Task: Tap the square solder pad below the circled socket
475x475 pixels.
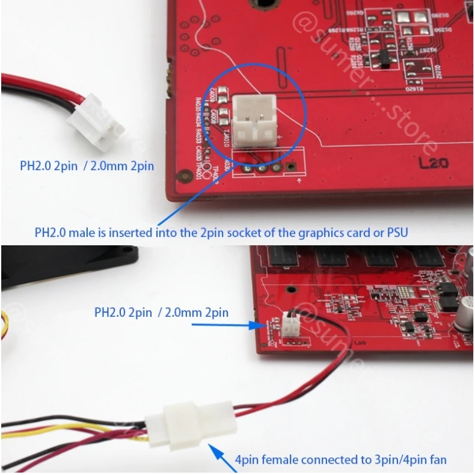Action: pos(291,167)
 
